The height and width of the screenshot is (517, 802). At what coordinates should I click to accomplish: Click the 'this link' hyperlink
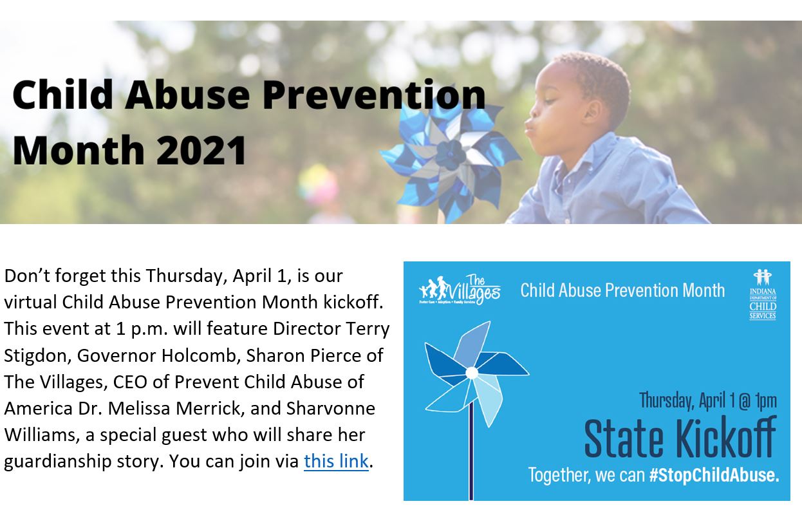[x=336, y=461]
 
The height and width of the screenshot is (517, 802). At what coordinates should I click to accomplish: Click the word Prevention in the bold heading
[x=374, y=95]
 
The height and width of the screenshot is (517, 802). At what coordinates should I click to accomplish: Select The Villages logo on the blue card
[x=460, y=290]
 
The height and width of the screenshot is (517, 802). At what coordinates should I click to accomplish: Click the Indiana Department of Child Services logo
[x=763, y=294]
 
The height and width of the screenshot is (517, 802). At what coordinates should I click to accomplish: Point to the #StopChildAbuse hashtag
[x=714, y=475]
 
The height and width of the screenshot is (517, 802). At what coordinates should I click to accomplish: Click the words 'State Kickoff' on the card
[x=680, y=437]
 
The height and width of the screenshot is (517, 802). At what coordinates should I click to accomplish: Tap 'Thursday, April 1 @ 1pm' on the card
[x=708, y=400]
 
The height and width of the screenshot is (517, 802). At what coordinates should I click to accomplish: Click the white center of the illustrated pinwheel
[x=472, y=373]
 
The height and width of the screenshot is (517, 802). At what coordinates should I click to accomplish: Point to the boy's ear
[x=593, y=113]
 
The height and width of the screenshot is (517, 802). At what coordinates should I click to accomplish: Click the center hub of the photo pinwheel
[x=451, y=155]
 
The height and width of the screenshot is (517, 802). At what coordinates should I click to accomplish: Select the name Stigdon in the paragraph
[x=37, y=356]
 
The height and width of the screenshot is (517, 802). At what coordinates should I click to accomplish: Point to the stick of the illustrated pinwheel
[x=471, y=451]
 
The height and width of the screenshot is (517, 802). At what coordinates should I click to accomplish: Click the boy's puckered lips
[x=529, y=127]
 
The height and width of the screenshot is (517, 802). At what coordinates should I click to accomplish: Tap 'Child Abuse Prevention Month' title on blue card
[x=622, y=290]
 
